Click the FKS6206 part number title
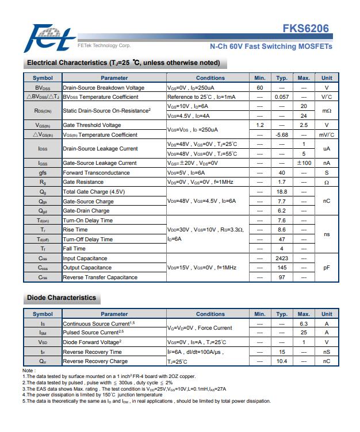pyautogui.click(x=305, y=29)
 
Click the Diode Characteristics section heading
pyautogui.click(x=62, y=298)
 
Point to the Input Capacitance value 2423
pyautogui.click(x=282, y=259)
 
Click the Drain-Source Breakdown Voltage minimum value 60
pyautogui.click(x=260, y=87)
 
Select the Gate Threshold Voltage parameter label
pyautogui.click(x=92, y=125)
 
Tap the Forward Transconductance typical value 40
pyautogui.click(x=282, y=173)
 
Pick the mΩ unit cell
pyautogui.click(x=327, y=111)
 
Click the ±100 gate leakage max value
pyautogui.click(x=304, y=163)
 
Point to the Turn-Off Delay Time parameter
pyautogui.click(x=87, y=239)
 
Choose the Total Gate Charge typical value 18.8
pyautogui.click(x=282, y=192)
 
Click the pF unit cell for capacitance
pyautogui.click(x=327, y=268)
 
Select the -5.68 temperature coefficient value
pyautogui.click(x=282, y=135)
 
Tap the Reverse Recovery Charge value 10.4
pyautogui.click(x=282, y=361)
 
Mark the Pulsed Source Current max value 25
pyautogui.click(x=304, y=333)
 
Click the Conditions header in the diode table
pyautogui.click(x=210, y=314)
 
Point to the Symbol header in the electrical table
pyautogui.click(x=43, y=78)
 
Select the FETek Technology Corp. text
pyautogui.click(x=104, y=45)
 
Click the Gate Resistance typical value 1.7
pyautogui.click(x=282, y=182)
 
